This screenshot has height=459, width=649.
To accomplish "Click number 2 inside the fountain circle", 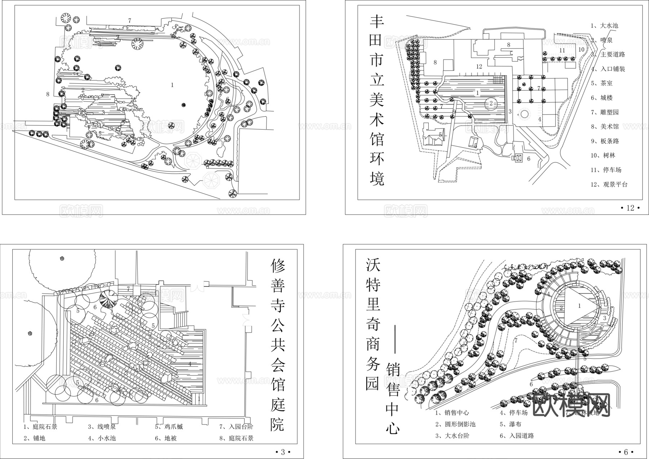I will click(x=491, y=104).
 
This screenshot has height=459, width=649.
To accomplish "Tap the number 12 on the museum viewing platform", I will click(x=479, y=67).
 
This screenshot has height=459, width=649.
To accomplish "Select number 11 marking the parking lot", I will click(x=562, y=50).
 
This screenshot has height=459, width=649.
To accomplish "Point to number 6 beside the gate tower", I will click(x=529, y=158).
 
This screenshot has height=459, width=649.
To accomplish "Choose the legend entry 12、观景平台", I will click(x=609, y=184).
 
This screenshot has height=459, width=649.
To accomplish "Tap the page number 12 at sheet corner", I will click(x=630, y=208).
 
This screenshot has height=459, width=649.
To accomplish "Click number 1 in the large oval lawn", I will click(x=172, y=85).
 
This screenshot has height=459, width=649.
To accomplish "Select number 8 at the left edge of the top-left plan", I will click(x=48, y=94).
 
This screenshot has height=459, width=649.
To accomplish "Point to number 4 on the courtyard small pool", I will click(x=190, y=364).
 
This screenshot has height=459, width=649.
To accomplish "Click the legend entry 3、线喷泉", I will click(x=102, y=427).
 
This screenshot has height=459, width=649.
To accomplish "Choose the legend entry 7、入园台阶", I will click(x=236, y=427).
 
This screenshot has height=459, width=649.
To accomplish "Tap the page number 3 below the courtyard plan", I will click(x=283, y=452).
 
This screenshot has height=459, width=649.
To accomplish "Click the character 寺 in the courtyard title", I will click(x=278, y=305).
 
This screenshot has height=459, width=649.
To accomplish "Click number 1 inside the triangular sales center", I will click(x=579, y=306).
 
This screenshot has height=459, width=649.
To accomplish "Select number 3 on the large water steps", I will click(x=605, y=318).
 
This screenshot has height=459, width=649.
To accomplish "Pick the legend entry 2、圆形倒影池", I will click(x=455, y=424).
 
